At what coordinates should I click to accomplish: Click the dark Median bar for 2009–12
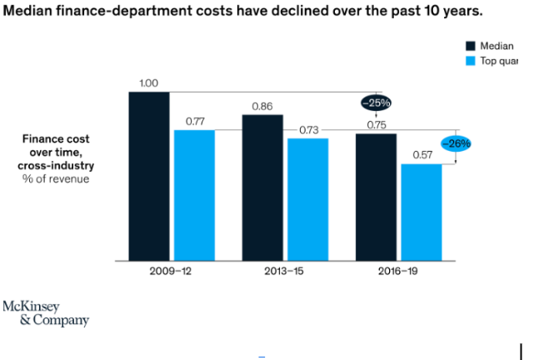pyautogui.click(x=148, y=176)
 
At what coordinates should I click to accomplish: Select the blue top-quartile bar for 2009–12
pyautogui.click(x=194, y=195)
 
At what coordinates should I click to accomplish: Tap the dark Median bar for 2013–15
pyautogui.click(x=262, y=187)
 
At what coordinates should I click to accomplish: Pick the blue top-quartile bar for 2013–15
pyautogui.click(x=308, y=199)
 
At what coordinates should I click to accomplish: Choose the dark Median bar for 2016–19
pyautogui.click(x=377, y=197)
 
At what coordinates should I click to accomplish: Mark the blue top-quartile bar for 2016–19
pyautogui.click(x=422, y=212)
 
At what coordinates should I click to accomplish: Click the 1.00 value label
pyautogui.click(x=148, y=83)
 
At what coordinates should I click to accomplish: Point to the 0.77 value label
pyautogui.click(x=195, y=122)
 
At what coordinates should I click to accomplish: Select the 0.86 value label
pyautogui.click(x=262, y=107)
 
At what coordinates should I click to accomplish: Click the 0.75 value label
pyautogui.click(x=377, y=125)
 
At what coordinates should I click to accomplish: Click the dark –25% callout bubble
pyautogui.click(x=376, y=102)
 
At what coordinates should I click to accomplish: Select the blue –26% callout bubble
pyautogui.click(x=456, y=143)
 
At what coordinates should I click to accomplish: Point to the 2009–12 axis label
pyautogui.click(x=171, y=272)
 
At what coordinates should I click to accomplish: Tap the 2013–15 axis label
pyautogui.click(x=285, y=272)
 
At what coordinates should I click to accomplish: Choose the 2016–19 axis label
pyautogui.click(x=398, y=272)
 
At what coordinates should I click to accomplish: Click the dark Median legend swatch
pyautogui.click(x=469, y=46)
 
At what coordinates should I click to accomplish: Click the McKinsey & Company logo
pyautogui.click(x=46, y=312)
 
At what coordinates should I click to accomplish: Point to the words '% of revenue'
pyautogui.click(x=56, y=178)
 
